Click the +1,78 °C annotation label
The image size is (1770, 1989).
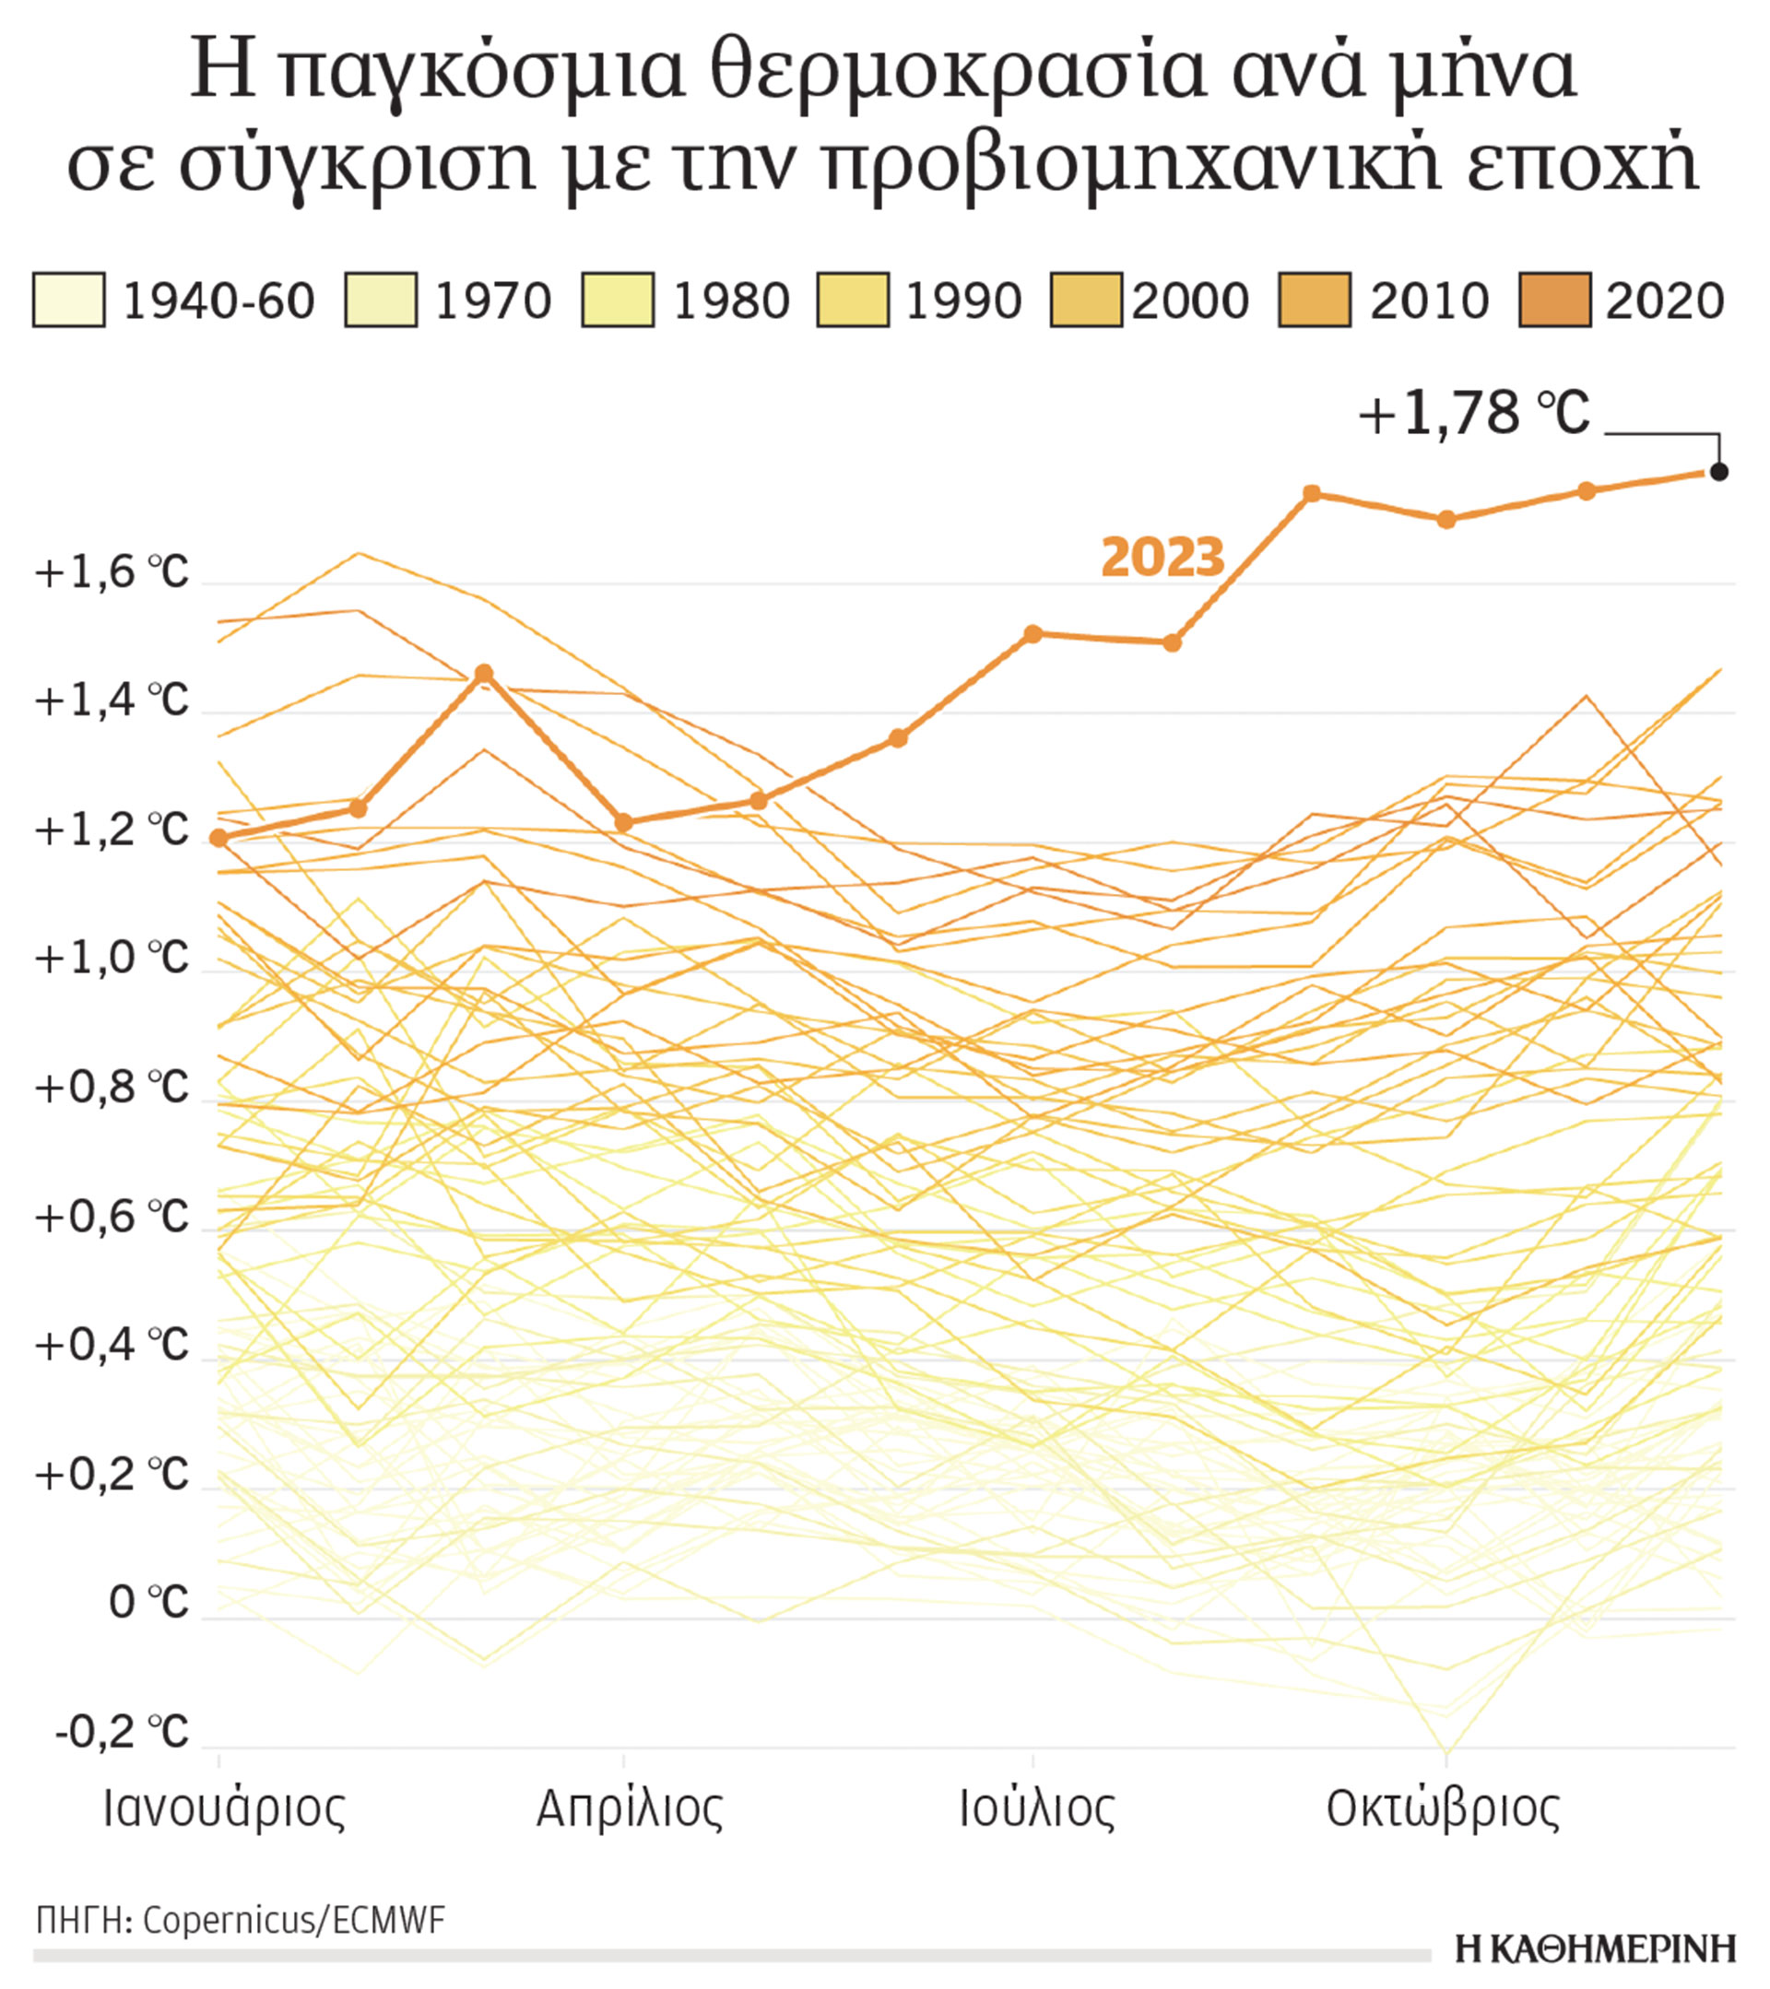[x=1474, y=415]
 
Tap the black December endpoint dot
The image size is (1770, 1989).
[x=1719, y=472]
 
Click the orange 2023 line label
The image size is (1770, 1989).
[x=1162, y=558]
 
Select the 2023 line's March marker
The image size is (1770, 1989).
[x=484, y=674]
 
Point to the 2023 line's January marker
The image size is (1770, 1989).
[x=218, y=838]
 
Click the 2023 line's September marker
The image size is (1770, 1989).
[x=1312, y=493]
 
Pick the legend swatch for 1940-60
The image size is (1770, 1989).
[x=68, y=300]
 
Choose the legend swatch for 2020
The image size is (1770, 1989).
[x=1555, y=300]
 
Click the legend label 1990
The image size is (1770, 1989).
[x=962, y=300]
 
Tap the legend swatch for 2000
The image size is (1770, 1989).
[x=1086, y=300]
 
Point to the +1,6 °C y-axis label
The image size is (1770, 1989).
[x=111, y=573]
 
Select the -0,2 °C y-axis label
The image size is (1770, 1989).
[x=121, y=1731]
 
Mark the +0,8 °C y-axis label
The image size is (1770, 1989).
[x=111, y=1088]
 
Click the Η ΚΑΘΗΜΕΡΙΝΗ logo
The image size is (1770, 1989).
[x=1596, y=1949]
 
